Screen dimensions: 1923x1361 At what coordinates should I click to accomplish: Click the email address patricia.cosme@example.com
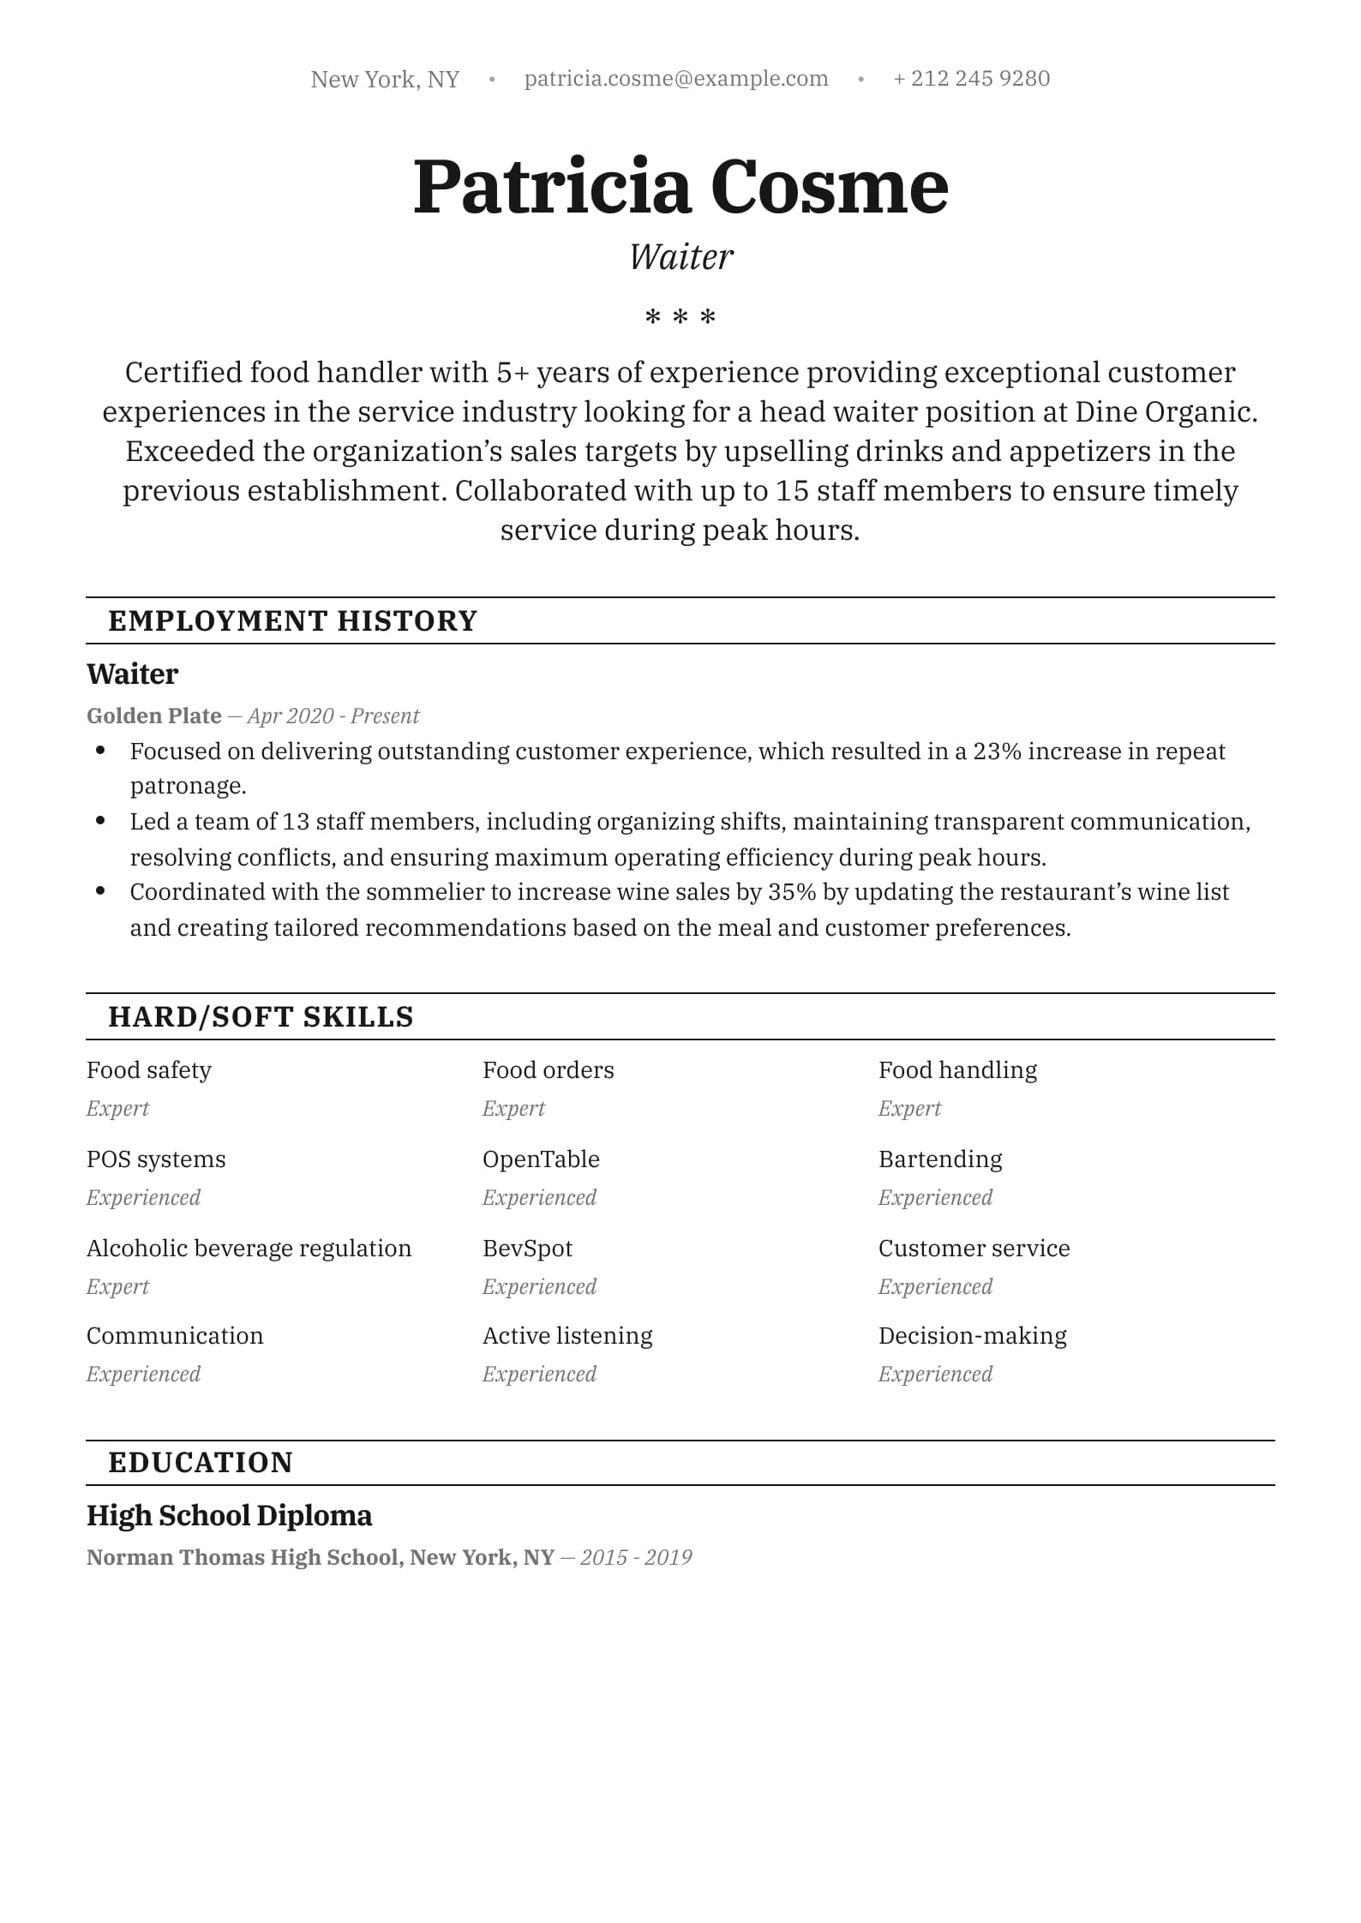(676, 79)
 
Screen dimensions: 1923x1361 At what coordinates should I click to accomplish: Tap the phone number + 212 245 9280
(971, 79)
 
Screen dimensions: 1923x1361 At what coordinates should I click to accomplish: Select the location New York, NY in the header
(385, 80)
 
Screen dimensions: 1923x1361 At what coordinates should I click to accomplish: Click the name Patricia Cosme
(680, 187)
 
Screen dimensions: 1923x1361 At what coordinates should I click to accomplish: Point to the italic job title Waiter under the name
(681, 257)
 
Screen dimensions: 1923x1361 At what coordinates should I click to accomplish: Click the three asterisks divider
(680, 318)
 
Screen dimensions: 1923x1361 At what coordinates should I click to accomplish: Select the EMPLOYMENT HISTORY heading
(292, 620)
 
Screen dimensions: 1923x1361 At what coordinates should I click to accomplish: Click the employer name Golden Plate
(154, 716)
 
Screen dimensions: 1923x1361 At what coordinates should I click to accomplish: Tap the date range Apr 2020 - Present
(333, 716)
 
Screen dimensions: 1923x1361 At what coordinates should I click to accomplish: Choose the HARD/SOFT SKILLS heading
(261, 1016)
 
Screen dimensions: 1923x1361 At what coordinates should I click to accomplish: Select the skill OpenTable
(541, 1159)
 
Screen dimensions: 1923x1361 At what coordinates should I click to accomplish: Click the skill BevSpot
(527, 1249)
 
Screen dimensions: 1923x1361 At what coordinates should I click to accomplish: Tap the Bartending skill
(940, 1159)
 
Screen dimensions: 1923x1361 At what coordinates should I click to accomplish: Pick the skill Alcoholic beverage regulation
(249, 1249)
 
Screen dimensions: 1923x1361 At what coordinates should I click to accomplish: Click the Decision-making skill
(973, 1336)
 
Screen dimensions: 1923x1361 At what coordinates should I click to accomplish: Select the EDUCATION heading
(201, 1462)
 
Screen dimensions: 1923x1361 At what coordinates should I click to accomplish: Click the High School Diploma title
(230, 1515)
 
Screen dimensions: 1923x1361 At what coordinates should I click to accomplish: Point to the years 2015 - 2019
(636, 1557)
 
